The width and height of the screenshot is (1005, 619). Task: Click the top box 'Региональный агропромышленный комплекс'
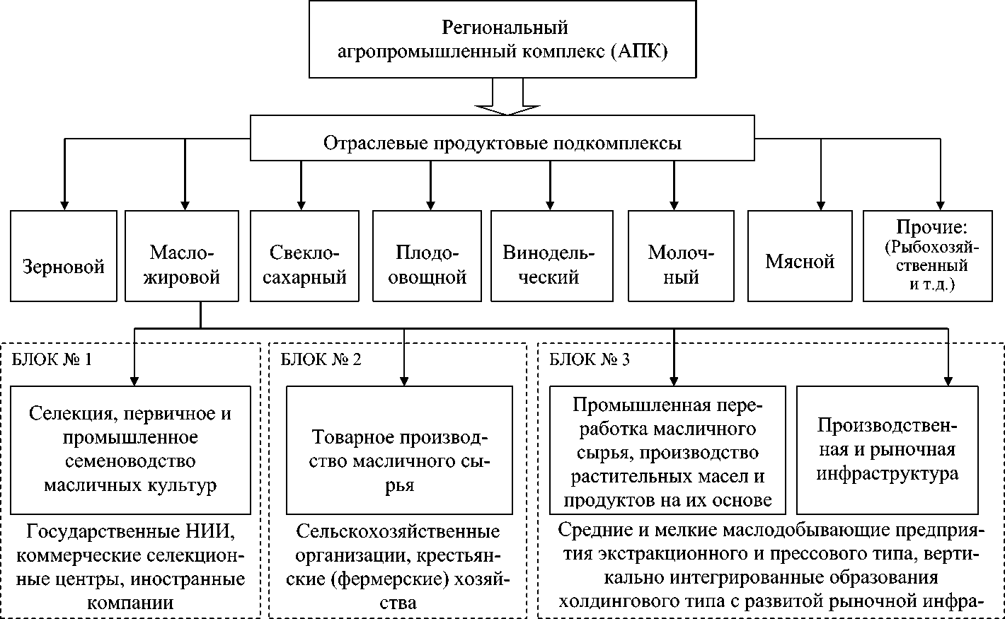coord(502,39)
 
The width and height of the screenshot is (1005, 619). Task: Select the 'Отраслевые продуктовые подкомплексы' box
coord(502,144)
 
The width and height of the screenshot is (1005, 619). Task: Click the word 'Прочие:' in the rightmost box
coord(931,228)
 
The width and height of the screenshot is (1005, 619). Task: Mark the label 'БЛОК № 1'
coord(52,359)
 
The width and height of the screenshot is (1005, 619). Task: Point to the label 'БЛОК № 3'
coord(590,359)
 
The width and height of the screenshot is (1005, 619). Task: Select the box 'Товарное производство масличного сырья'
coord(399,449)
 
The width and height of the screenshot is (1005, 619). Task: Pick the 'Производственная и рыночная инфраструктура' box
coord(888,449)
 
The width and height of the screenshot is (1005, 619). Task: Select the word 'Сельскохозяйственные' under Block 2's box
coord(398,531)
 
